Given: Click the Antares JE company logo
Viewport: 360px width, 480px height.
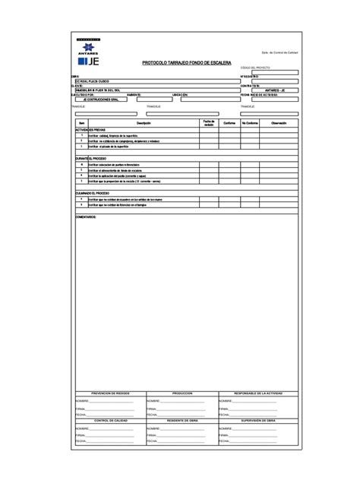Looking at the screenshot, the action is (87, 48).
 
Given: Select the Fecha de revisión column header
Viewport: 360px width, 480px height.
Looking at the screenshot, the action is (210, 122).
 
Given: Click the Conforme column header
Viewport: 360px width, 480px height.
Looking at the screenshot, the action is (229, 122).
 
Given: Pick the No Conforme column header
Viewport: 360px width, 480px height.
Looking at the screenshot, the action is (251, 122).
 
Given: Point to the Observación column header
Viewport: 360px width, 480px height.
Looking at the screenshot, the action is (279, 122).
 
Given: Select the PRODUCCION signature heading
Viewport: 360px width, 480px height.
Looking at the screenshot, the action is (182, 393).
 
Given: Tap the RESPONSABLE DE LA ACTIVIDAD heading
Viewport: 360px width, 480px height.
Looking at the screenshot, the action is (258, 393).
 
